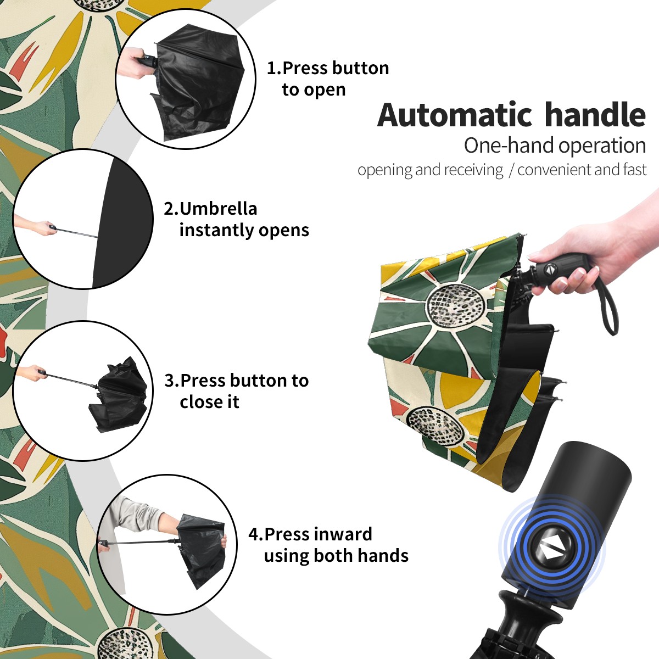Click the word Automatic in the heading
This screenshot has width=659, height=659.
tap(455, 115)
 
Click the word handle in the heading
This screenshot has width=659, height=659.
tap(595, 115)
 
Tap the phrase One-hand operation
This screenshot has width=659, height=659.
tap(555, 146)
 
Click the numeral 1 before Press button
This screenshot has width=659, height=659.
tap(271, 68)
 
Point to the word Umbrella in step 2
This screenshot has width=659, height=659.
tap(218, 209)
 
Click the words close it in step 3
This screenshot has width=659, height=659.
tap(209, 402)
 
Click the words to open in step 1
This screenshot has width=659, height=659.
tap(314, 90)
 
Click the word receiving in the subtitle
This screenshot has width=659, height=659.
tap(476, 170)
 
